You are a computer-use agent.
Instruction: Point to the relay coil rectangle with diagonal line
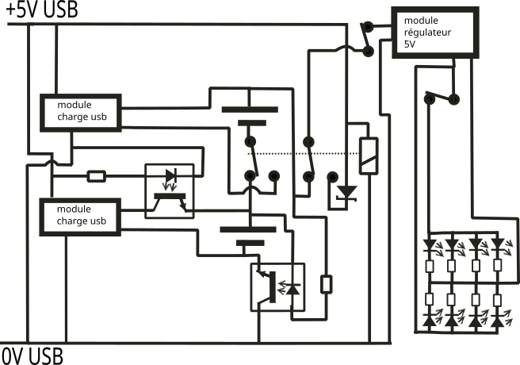pos(369,156)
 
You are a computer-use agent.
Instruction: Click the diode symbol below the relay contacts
pos(346,194)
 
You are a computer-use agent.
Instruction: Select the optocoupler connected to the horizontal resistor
pos(169,190)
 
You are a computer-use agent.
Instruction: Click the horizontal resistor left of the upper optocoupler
pos(96,176)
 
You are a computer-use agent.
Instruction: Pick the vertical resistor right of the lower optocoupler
pos(326,283)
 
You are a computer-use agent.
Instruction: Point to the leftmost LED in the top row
pos(430,244)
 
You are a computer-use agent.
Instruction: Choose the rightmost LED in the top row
pos(497,244)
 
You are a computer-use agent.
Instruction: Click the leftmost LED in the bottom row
pos(430,321)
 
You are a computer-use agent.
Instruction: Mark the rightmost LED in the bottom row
pos(497,321)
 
